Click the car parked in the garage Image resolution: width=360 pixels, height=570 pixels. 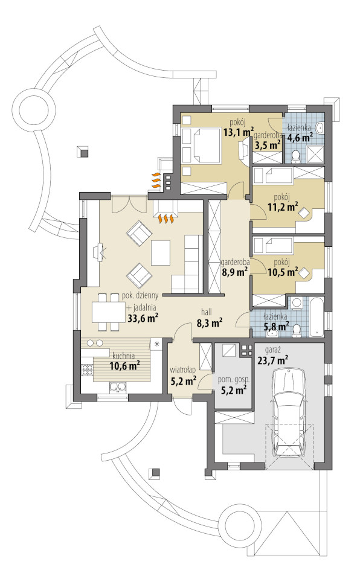(x=289, y=412)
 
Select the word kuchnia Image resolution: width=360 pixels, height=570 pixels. (x=124, y=356)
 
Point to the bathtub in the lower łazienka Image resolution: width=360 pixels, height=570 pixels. (x=317, y=316)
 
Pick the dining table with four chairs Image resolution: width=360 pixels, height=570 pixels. (x=108, y=312)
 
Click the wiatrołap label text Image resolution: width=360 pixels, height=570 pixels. (x=183, y=370)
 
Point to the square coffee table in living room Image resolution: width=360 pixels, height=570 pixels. (x=161, y=253)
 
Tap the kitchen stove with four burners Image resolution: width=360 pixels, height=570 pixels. (x=87, y=370)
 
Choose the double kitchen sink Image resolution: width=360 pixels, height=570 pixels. (x=117, y=387)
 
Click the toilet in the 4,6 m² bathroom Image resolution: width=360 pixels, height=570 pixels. (x=295, y=155)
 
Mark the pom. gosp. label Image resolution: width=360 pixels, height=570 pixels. (x=233, y=380)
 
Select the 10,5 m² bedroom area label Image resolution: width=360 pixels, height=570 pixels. (x=283, y=271)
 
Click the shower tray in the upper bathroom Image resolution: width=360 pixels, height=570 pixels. (x=316, y=154)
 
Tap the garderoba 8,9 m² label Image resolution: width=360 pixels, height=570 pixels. (x=235, y=267)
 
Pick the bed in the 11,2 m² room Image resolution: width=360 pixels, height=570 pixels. (x=273, y=176)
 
